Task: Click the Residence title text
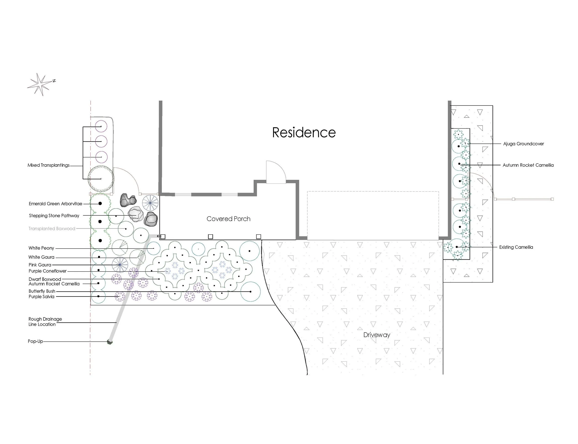[x=304, y=132]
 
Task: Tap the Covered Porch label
[x=228, y=219]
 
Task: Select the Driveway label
[x=377, y=335]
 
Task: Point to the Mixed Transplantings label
[x=49, y=165]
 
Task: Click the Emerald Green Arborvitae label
[x=55, y=204]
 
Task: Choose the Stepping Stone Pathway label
[x=54, y=216]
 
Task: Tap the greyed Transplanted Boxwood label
[x=52, y=229]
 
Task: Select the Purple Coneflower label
[x=48, y=271]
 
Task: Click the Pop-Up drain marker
[x=110, y=342]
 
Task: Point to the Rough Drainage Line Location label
[x=45, y=322]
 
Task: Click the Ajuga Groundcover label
[x=523, y=144]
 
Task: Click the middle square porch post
[x=210, y=236]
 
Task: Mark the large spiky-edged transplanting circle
[x=101, y=179]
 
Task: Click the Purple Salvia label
[x=41, y=297]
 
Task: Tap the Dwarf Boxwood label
[x=45, y=279]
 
